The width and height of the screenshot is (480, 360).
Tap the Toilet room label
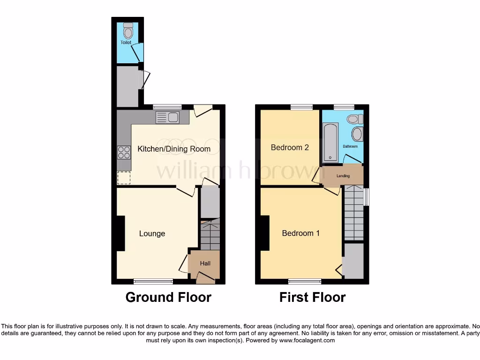126,42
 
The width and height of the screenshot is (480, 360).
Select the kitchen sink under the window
167,117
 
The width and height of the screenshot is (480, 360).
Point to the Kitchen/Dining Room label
174,149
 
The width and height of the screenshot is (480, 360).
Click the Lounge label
152,233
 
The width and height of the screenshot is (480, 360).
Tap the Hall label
205,263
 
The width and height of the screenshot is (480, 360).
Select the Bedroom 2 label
290,147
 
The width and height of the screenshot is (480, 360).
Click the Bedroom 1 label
300,233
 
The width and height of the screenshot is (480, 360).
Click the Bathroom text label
350,146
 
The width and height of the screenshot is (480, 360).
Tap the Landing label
343,176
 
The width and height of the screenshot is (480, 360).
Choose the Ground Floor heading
168,297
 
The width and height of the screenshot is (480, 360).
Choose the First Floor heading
312,297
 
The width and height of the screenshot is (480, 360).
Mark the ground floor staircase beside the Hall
210,234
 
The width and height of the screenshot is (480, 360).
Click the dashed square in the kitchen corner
124,178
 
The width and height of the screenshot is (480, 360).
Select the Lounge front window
153,281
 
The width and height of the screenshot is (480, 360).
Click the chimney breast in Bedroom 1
265,233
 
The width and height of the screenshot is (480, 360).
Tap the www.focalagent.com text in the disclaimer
307,341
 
